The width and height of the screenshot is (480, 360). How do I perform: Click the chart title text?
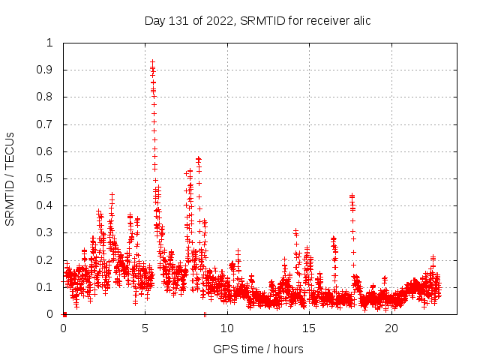pyautogui.click(x=257, y=20)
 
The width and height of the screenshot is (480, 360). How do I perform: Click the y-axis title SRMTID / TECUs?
pyautogui.click(x=10, y=179)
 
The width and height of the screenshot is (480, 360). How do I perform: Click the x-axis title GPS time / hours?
pyautogui.click(x=258, y=349)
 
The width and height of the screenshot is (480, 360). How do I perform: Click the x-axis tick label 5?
pyautogui.click(x=145, y=328)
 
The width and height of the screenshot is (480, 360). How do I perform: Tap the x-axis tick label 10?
pyautogui.click(x=227, y=328)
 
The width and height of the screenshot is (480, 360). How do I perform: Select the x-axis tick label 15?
pyautogui.click(x=309, y=328)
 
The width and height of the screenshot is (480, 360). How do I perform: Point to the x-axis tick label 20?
pyautogui.click(x=391, y=328)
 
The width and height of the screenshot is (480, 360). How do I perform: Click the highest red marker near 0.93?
pyautogui.click(x=152, y=62)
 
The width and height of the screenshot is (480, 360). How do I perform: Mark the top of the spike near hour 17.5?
pyautogui.click(x=352, y=196)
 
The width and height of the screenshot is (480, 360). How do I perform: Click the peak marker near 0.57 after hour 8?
pyautogui.click(x=199, y=159)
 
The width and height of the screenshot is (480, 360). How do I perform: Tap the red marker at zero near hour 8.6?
pyautogui.click(x=204, y=314)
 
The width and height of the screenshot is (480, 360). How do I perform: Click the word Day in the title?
pyautogui.click(x=155, y=20)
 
